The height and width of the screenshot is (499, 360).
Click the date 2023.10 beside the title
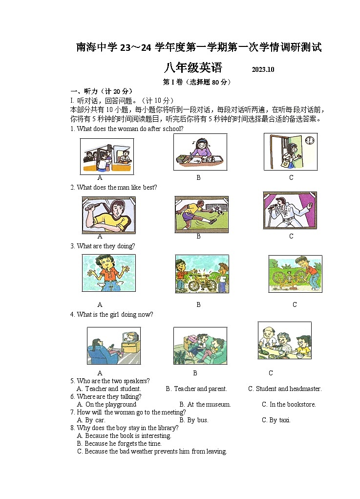(263, 69)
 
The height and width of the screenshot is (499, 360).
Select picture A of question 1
(106, 156)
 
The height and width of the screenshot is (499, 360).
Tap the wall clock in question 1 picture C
(309, 141)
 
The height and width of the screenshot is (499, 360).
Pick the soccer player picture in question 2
(201, 214)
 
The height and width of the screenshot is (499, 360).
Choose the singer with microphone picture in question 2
(290, 210)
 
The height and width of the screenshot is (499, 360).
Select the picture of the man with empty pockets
(108, 273)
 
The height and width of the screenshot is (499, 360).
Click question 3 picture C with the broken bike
(295, 274)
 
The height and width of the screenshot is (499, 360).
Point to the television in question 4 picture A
(131, 339)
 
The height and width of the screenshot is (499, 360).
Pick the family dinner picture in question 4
(284, 341)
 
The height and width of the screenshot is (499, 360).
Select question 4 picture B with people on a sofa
(200, 346)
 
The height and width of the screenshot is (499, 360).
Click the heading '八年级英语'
(193, 68)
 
